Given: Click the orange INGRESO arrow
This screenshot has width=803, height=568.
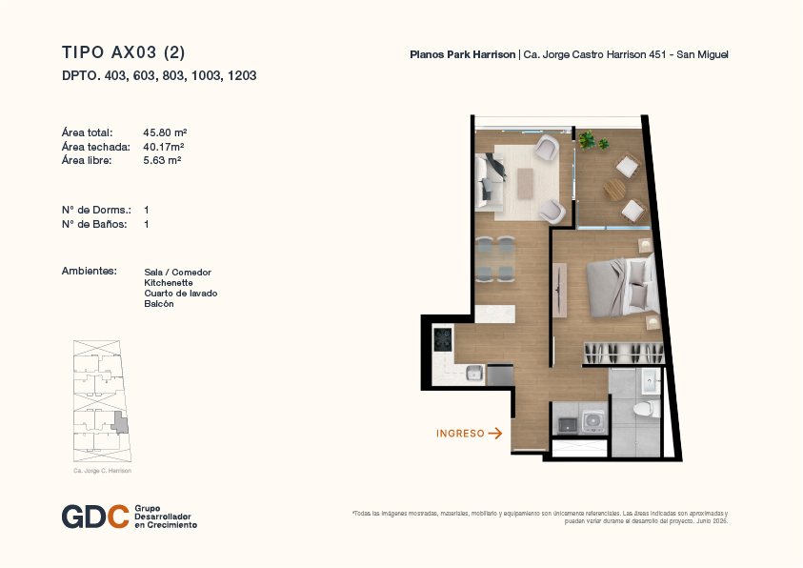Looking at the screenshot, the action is (494, 434).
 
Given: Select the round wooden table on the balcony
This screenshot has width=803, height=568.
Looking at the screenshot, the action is (614, 190).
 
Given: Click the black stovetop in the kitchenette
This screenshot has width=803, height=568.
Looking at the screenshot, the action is (443, 339).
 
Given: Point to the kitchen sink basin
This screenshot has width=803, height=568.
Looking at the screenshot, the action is (474, 373).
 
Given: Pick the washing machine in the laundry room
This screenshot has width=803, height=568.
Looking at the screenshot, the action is (594, 422).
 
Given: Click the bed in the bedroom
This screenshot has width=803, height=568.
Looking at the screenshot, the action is (622, 287).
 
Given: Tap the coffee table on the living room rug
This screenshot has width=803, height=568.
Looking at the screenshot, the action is (526, 184).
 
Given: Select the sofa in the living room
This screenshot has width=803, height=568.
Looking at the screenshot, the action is (489, 182).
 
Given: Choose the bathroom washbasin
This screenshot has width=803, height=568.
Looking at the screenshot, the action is (651, 381).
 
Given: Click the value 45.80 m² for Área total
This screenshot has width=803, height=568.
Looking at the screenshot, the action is (165, 132).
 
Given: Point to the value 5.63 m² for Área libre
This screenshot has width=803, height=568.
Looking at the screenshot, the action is (162, 160).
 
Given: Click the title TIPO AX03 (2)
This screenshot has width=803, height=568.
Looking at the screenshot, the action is (124, 52).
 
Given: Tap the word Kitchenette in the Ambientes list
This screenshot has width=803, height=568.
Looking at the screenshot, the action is (169, 283).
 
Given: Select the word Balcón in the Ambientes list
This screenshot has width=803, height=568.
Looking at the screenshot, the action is (159, 304).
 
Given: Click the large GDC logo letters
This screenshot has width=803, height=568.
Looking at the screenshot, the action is (95, 517).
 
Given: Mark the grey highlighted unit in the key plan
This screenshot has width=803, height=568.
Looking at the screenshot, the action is (120, 423).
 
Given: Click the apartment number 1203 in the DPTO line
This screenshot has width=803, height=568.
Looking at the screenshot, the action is (242, 76).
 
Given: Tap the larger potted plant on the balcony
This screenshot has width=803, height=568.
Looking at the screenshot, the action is (587, 139).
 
